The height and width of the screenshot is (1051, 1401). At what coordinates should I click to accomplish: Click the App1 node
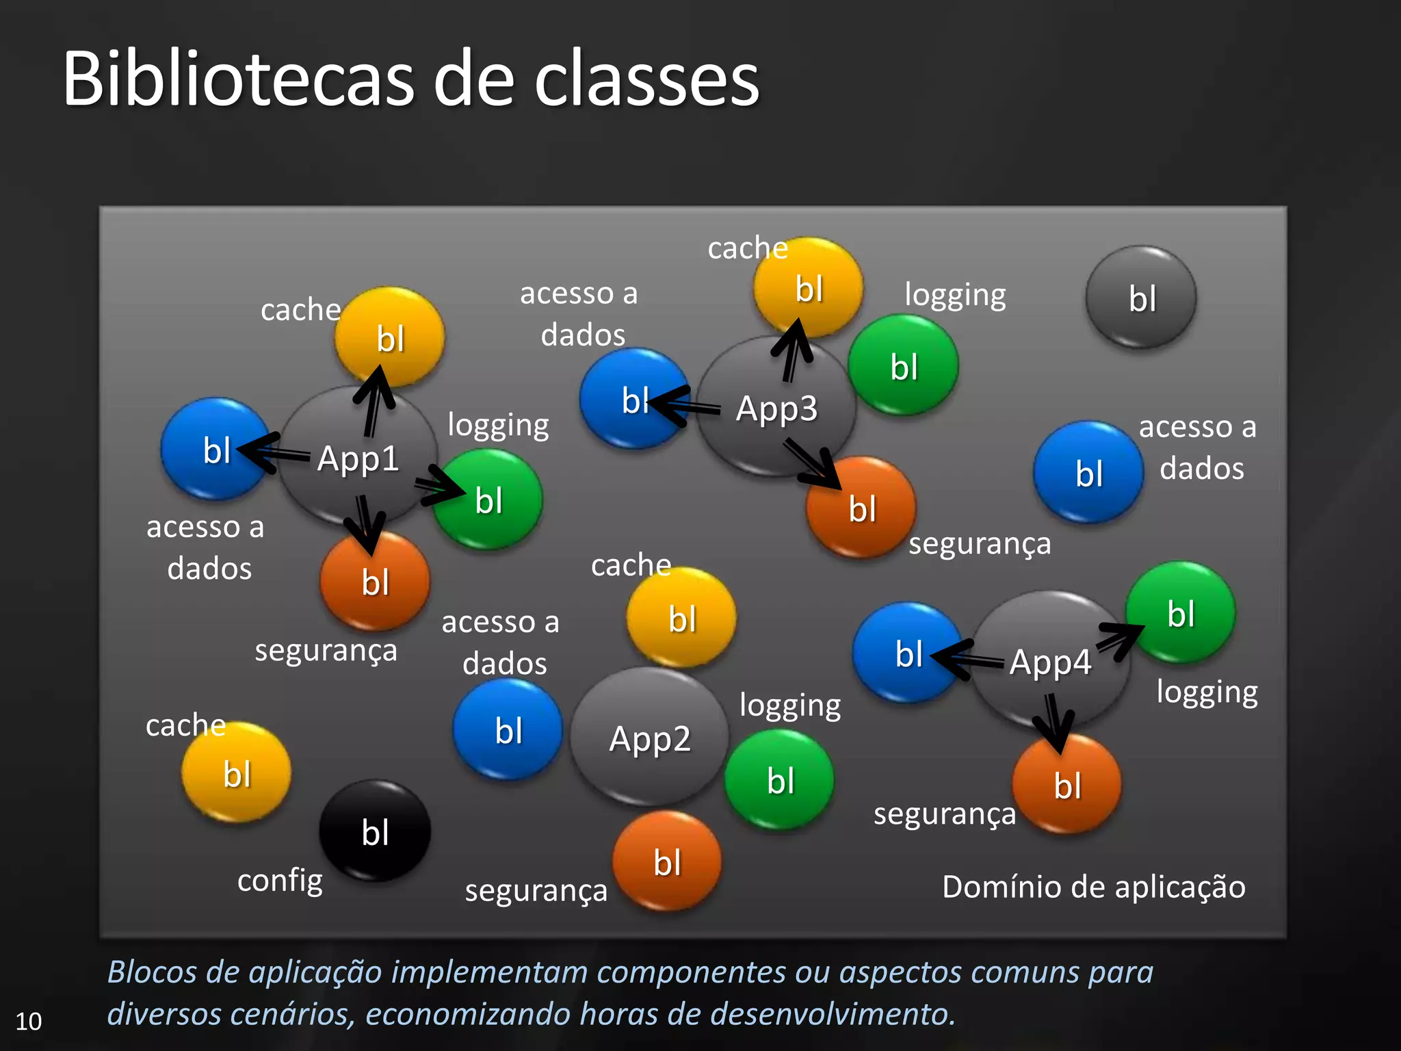tap(358, 458)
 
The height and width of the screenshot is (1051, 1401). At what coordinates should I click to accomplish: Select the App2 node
tap(649, 739)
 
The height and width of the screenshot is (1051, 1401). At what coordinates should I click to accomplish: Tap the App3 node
tap(776, 408)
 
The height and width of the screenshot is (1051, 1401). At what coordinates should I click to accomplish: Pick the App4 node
tap(1050, 662)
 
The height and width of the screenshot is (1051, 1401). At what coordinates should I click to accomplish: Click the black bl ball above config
tap(375, 831)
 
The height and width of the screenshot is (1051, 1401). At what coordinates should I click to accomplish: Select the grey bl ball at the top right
tap(1141, 298)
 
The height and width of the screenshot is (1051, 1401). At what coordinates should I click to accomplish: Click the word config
tap(280, 881)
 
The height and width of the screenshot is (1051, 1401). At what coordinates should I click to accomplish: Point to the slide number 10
tap(29, 1021)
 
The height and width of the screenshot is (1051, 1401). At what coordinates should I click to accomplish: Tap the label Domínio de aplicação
tap(1093, 887)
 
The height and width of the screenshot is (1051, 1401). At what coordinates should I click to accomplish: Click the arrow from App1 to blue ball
tap(274, 452)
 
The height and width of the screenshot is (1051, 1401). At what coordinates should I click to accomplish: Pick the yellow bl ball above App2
tap(681, 618)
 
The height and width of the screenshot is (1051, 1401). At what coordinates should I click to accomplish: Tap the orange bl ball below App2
tap(667, 861)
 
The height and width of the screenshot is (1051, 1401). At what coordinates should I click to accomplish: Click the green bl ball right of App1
tap(488, 500)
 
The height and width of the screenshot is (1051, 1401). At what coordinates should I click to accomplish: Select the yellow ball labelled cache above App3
tap(808, 288)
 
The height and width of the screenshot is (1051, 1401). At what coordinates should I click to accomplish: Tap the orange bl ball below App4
tap(1066, 785)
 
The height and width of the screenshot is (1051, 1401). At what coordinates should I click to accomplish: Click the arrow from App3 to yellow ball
tap(791, 349)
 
